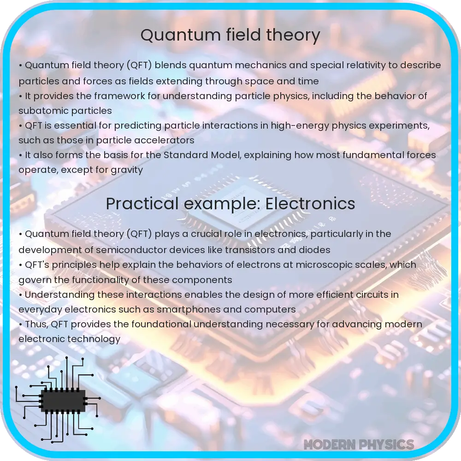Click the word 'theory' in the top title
tap(293, 35)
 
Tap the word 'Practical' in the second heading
tap(142, 204)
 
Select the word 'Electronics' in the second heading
tap(310, 204)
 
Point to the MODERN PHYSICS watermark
tap(359, 444)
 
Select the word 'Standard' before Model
tap(185, 155)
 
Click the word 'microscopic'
tap(324, 265)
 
